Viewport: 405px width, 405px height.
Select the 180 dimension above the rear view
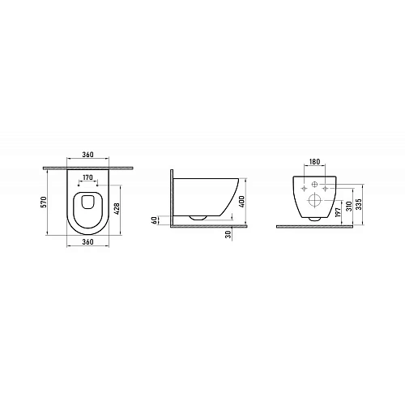click(x=314, y=162)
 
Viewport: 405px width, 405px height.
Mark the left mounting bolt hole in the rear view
click(x=305, y=187)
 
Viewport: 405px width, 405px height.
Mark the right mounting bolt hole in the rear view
click(x=325, y=187)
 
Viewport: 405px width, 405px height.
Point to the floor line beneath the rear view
click(x=316, y=227)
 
